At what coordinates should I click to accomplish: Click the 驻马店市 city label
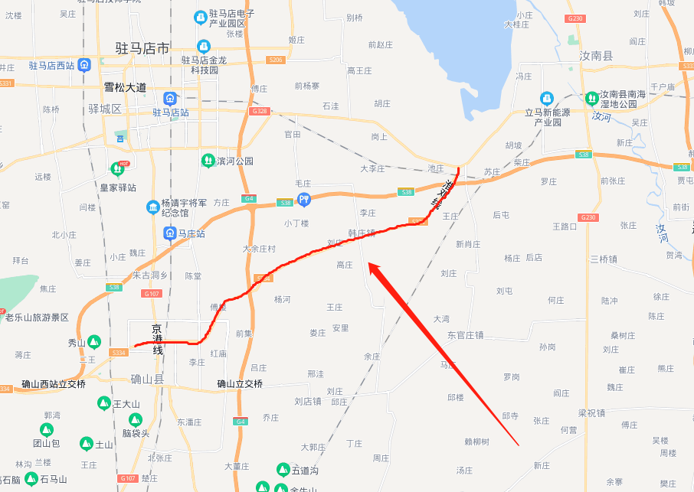[x=142, y=48]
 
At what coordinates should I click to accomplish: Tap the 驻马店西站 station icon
[x=84, y=65]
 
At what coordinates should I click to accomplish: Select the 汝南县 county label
[x=596, y=56]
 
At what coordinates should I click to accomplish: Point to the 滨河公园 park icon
[x=207, y=161]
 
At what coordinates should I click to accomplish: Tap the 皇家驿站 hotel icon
[x=117, y=168]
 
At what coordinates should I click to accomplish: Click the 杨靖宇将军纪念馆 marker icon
[x=152, y=207]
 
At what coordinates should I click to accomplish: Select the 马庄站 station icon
[x=169, y=233]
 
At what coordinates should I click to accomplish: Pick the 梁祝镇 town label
[x=591, y=412]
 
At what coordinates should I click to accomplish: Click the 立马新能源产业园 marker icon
[x=547, y=98]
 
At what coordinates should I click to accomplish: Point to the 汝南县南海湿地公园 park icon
[x=591, y=98]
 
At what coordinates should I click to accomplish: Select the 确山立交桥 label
[x=239, y=384]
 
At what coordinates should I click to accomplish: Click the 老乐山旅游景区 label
[x=38, y=318]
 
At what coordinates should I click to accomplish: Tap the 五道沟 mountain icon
[x=282, y=469]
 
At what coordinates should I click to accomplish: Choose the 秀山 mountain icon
[x=94, y=341]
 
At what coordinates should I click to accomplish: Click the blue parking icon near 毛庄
[x=304, y=200]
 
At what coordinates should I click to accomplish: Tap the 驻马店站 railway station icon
[x=169, y=98]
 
